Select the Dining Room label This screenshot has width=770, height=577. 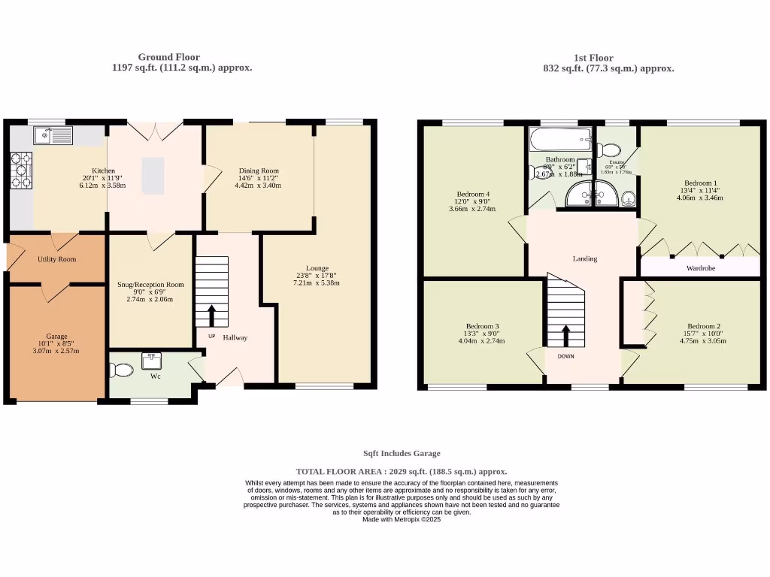click(x=258, y=171)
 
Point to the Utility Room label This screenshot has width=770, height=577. click(x=56, y=259)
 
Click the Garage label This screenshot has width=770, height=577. click(x=56, y=336)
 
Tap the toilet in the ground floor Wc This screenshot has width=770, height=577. click(x=119, y=370)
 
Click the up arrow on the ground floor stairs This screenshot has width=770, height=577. click(x=211, y=315)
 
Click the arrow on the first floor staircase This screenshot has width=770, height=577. click(x=565, y=333)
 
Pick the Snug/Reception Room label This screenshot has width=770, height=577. click(x=150, y=285)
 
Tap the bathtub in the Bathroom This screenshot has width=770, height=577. click(x=559, y=139)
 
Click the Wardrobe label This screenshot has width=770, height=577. click(x=700, y=267)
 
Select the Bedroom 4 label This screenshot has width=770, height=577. click(x=473, y=195)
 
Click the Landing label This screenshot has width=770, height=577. click(x=585, y=258)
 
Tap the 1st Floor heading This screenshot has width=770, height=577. click(x=593, y=58)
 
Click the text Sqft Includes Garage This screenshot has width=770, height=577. click(x=402, y=453)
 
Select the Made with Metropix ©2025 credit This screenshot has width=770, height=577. click(x=402, y=519)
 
